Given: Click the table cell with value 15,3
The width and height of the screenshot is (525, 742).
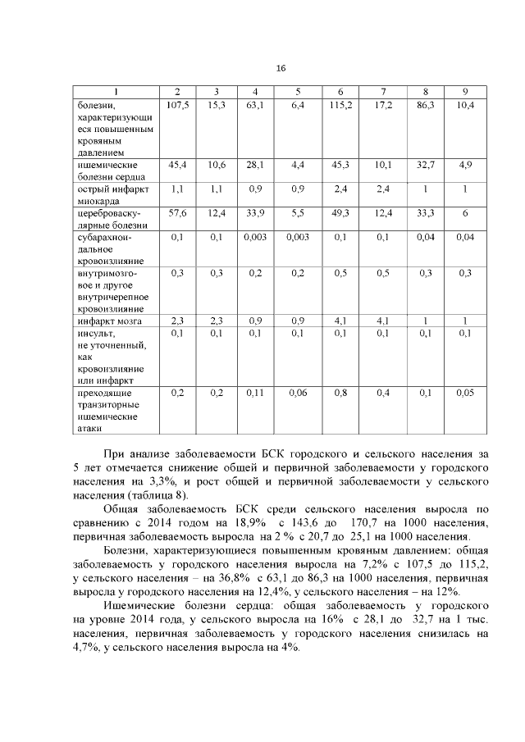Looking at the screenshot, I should (x=217, y=105).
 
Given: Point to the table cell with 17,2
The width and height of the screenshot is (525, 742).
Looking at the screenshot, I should (x=384, y=105).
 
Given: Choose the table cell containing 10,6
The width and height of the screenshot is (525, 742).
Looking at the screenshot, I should (x=217, y=165).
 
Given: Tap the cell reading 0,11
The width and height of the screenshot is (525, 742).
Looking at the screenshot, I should (x=256, y=393).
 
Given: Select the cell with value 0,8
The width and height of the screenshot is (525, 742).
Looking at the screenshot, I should (x=340, y=393).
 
